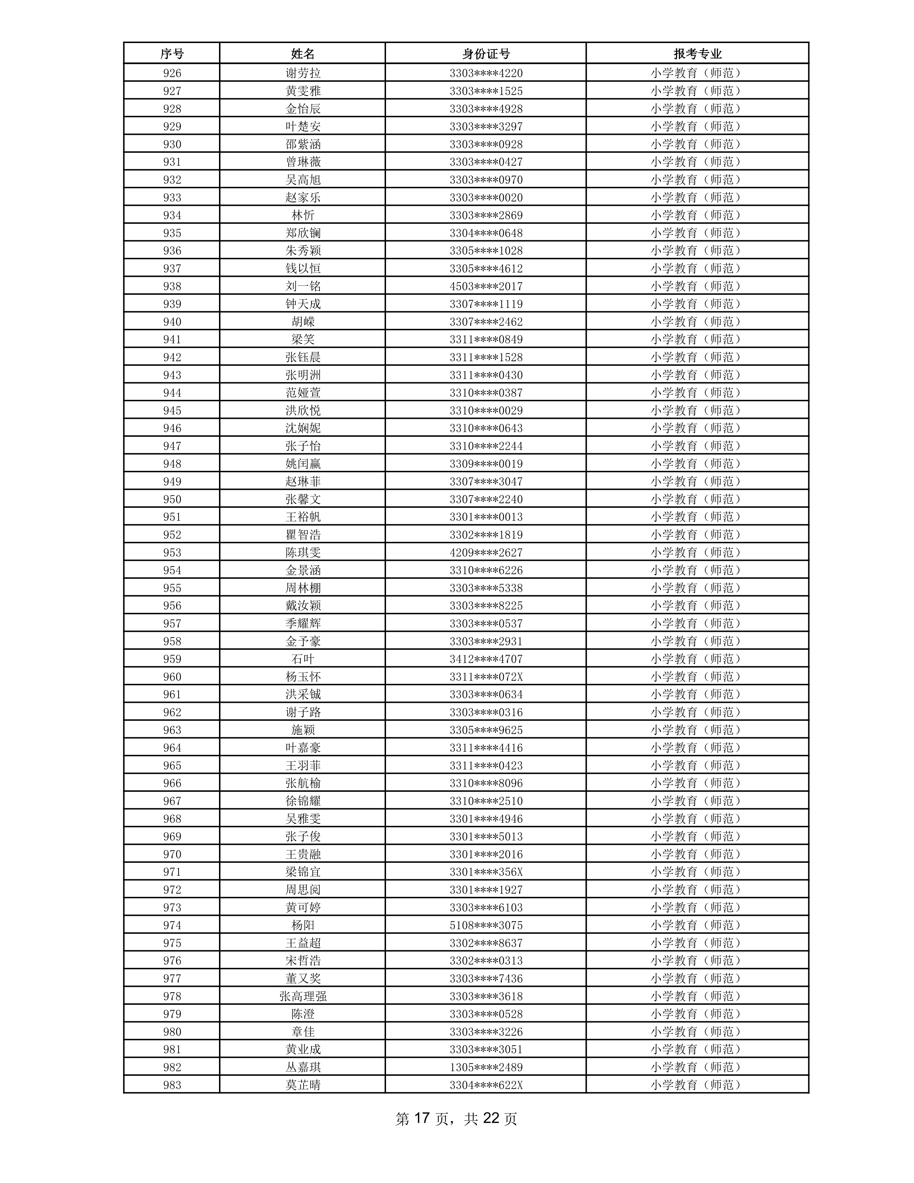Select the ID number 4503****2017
click(486, 286)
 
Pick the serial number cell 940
click(172, 322)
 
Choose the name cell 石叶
click(303, 659)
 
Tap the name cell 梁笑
click(303, 339)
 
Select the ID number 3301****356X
click(486, 871)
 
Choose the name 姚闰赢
click(303, 464)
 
